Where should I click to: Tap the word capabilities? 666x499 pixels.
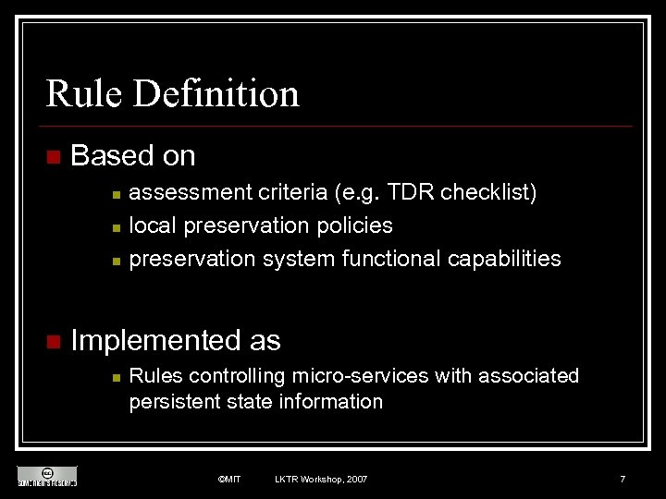pyautogui.click(x=504, y=259)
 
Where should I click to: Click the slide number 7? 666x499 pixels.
pyautogui.click(x=623, y=479)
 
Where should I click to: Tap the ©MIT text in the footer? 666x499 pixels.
pyautogui.click(x=228, y=479)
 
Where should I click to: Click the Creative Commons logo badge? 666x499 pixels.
pyautogui.click(x=47, y=476)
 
